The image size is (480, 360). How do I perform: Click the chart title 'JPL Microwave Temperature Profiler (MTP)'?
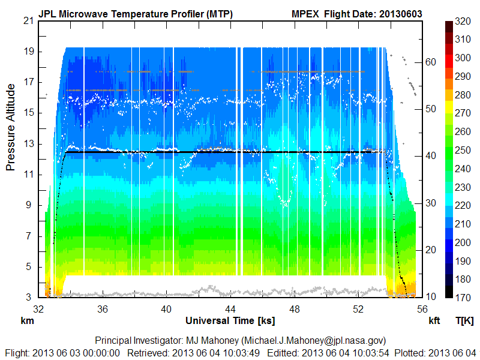[136, 14]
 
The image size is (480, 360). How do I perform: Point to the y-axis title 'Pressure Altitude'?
[11, 127]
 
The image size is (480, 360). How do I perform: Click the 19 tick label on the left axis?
[28, 51]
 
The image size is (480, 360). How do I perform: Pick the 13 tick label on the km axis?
[28, 143]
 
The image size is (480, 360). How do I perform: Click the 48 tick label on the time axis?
[295, 309]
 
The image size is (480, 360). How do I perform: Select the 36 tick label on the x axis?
[103, 309]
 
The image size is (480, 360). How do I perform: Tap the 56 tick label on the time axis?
[422, 309]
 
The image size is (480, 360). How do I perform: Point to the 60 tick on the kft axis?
[431, 61]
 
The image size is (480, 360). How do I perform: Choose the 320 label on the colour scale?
[462, 20]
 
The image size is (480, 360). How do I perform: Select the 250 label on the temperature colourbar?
[462, 150]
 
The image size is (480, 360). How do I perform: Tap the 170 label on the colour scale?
[462, 298]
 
